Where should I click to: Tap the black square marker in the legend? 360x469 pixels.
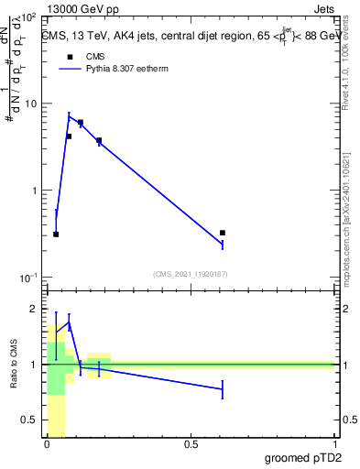click(69, 56)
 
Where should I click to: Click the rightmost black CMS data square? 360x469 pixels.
click(223, 233)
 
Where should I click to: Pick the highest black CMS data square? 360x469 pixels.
click(81, 122)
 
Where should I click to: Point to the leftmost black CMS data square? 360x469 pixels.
click(56, 234)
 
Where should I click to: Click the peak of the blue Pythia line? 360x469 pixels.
click(69, 115)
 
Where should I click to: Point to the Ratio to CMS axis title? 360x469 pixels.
click(14, 365)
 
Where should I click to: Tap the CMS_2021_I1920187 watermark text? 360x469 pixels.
click(191, 273)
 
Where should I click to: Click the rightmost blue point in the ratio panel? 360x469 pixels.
click(223, 389)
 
